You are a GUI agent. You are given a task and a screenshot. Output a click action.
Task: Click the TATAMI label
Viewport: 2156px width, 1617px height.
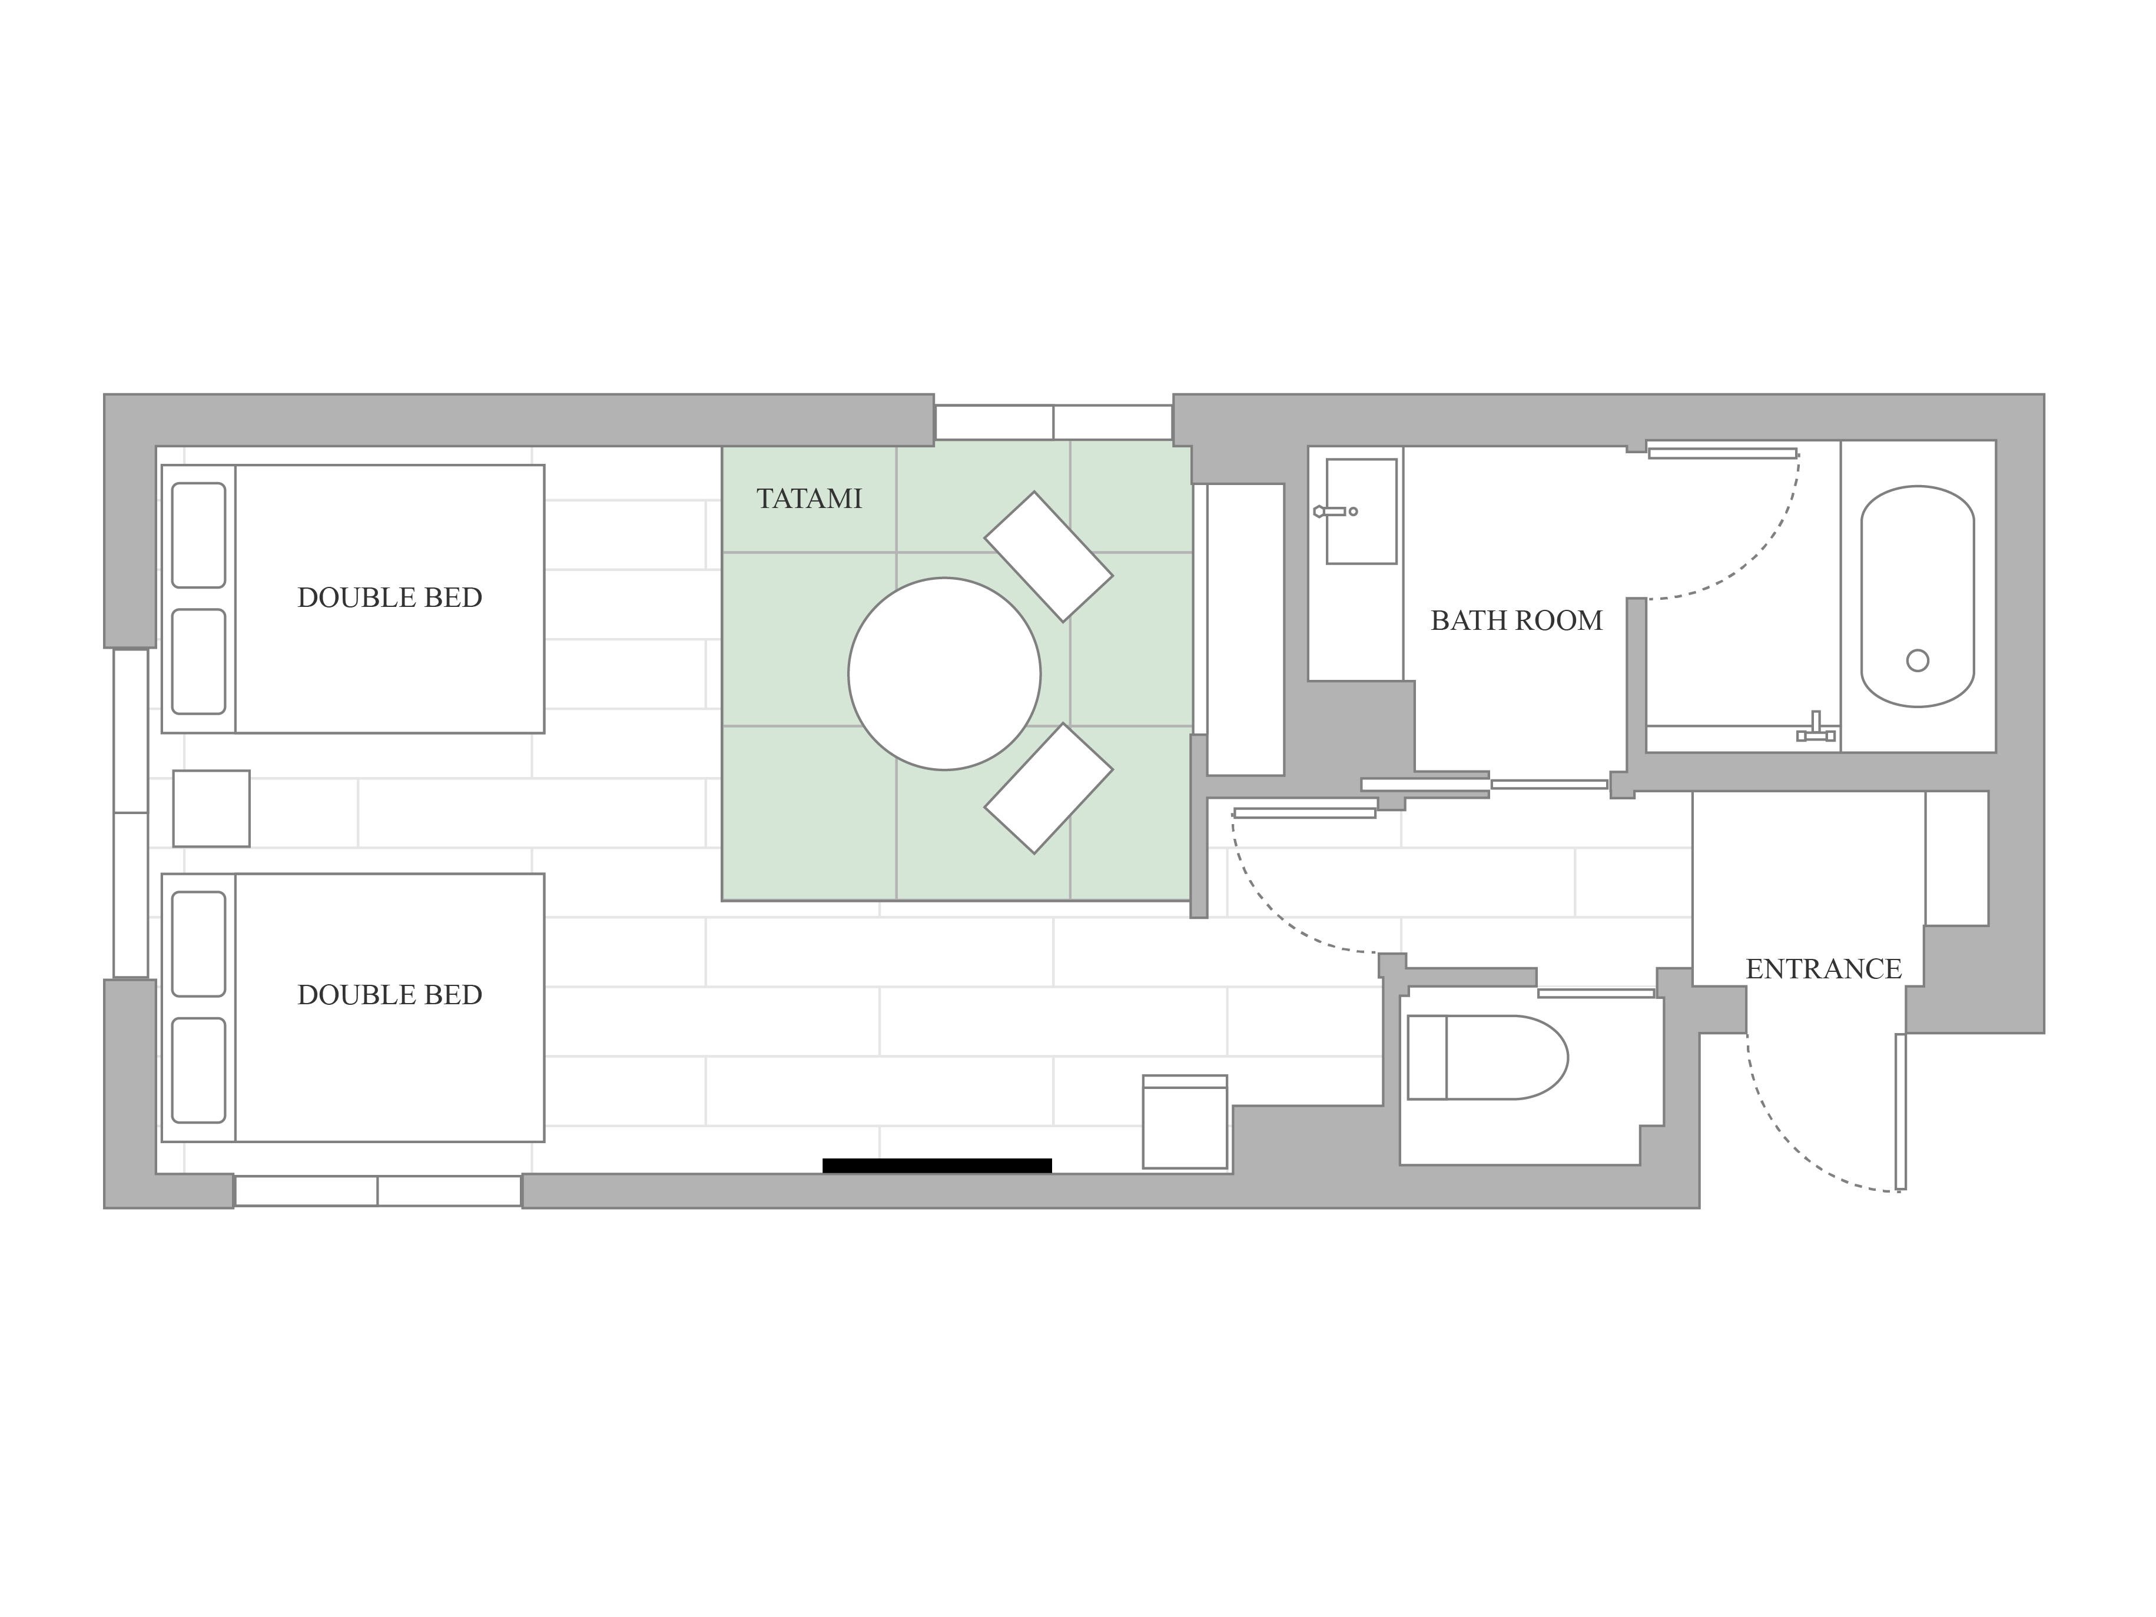tap(809, 499)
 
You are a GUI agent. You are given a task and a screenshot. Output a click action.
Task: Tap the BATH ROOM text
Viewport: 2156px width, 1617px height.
tap(1517, 621)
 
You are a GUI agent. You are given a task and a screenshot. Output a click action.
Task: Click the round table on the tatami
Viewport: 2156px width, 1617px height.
tap(944, 673)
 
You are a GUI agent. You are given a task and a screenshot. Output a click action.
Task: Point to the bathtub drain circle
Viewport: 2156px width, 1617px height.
tap(1917, 661)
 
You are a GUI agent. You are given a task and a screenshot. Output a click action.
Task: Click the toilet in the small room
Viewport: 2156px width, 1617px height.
tap(1487, 1058)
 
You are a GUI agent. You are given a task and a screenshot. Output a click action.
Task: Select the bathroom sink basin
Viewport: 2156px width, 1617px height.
tap(1362, 512)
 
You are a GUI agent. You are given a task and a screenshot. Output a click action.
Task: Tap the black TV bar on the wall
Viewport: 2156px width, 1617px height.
tap(937, 1166)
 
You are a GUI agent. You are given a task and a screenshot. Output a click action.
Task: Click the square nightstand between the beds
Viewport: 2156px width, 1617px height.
tap(211, 809)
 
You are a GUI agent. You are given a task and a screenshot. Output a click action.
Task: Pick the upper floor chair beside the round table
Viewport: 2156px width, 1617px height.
tap(1049, 556)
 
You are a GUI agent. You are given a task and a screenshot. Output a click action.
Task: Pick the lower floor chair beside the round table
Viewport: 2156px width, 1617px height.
tap(1049, 789)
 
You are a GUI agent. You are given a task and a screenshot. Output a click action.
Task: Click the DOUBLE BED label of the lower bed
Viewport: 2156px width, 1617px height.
tap(390, 995)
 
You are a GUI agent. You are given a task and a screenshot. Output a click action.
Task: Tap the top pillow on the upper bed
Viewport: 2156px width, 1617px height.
tap(199, 535)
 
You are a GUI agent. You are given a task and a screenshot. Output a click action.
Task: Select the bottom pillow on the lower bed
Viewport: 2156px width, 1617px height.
tap(199, 1070)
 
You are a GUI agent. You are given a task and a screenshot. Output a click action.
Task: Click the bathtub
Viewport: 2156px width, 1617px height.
tap(1917, 596)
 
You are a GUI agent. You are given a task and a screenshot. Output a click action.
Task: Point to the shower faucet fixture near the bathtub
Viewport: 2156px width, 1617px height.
tap(1816, 727)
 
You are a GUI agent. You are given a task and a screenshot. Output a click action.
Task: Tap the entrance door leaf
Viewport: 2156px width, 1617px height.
tap(1900, 1112)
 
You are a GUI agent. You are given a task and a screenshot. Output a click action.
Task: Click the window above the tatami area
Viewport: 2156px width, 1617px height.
tap(1054, 422)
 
